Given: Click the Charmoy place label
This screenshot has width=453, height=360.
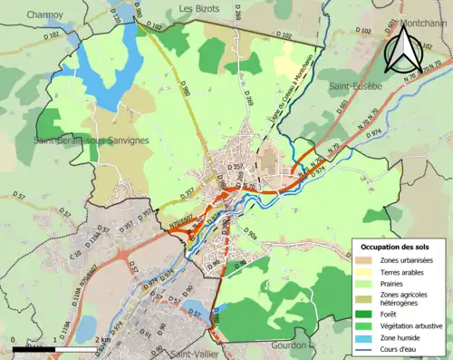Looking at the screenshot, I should [44, 15].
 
